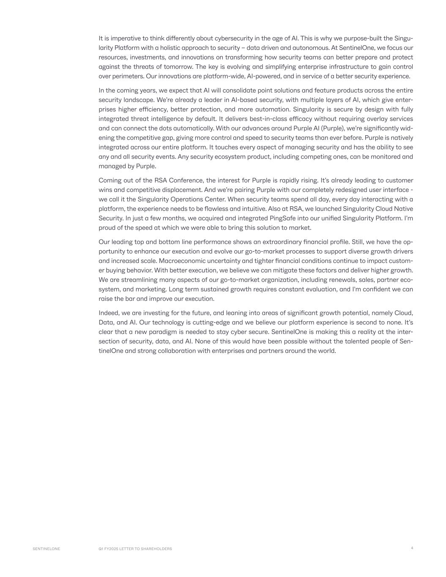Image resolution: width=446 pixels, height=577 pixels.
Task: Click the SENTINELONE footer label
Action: coord(47,549)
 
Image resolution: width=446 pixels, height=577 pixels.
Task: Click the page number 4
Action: coord(412,548)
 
